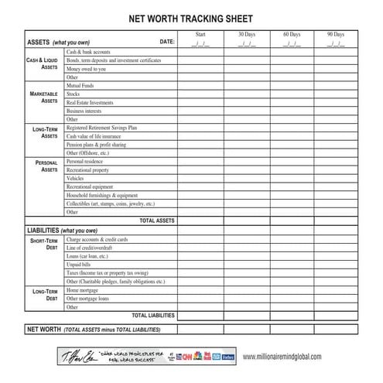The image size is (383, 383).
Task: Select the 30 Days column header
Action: pos(245,35)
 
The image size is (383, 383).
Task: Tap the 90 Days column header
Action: pos(336,35)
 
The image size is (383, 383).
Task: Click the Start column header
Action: pos(200,35)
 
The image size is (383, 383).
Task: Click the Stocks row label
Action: pos(74,93)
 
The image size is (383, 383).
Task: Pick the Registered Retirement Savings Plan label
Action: pos(101,127)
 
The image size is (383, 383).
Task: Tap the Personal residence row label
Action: pos(85,161)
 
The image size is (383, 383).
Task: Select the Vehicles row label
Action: pos(75,178)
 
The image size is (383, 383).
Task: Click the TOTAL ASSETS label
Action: pos(157,221)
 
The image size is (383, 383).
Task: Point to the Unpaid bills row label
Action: pos(79,265)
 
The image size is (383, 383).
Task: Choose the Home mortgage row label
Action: pos(83,289)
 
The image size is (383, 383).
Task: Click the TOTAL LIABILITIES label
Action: pos(153,315)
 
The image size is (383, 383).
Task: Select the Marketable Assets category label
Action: pos(43,97)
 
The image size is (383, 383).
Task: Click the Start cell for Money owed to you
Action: pos(200,68)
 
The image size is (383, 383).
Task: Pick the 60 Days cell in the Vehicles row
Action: pos(291,178)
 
